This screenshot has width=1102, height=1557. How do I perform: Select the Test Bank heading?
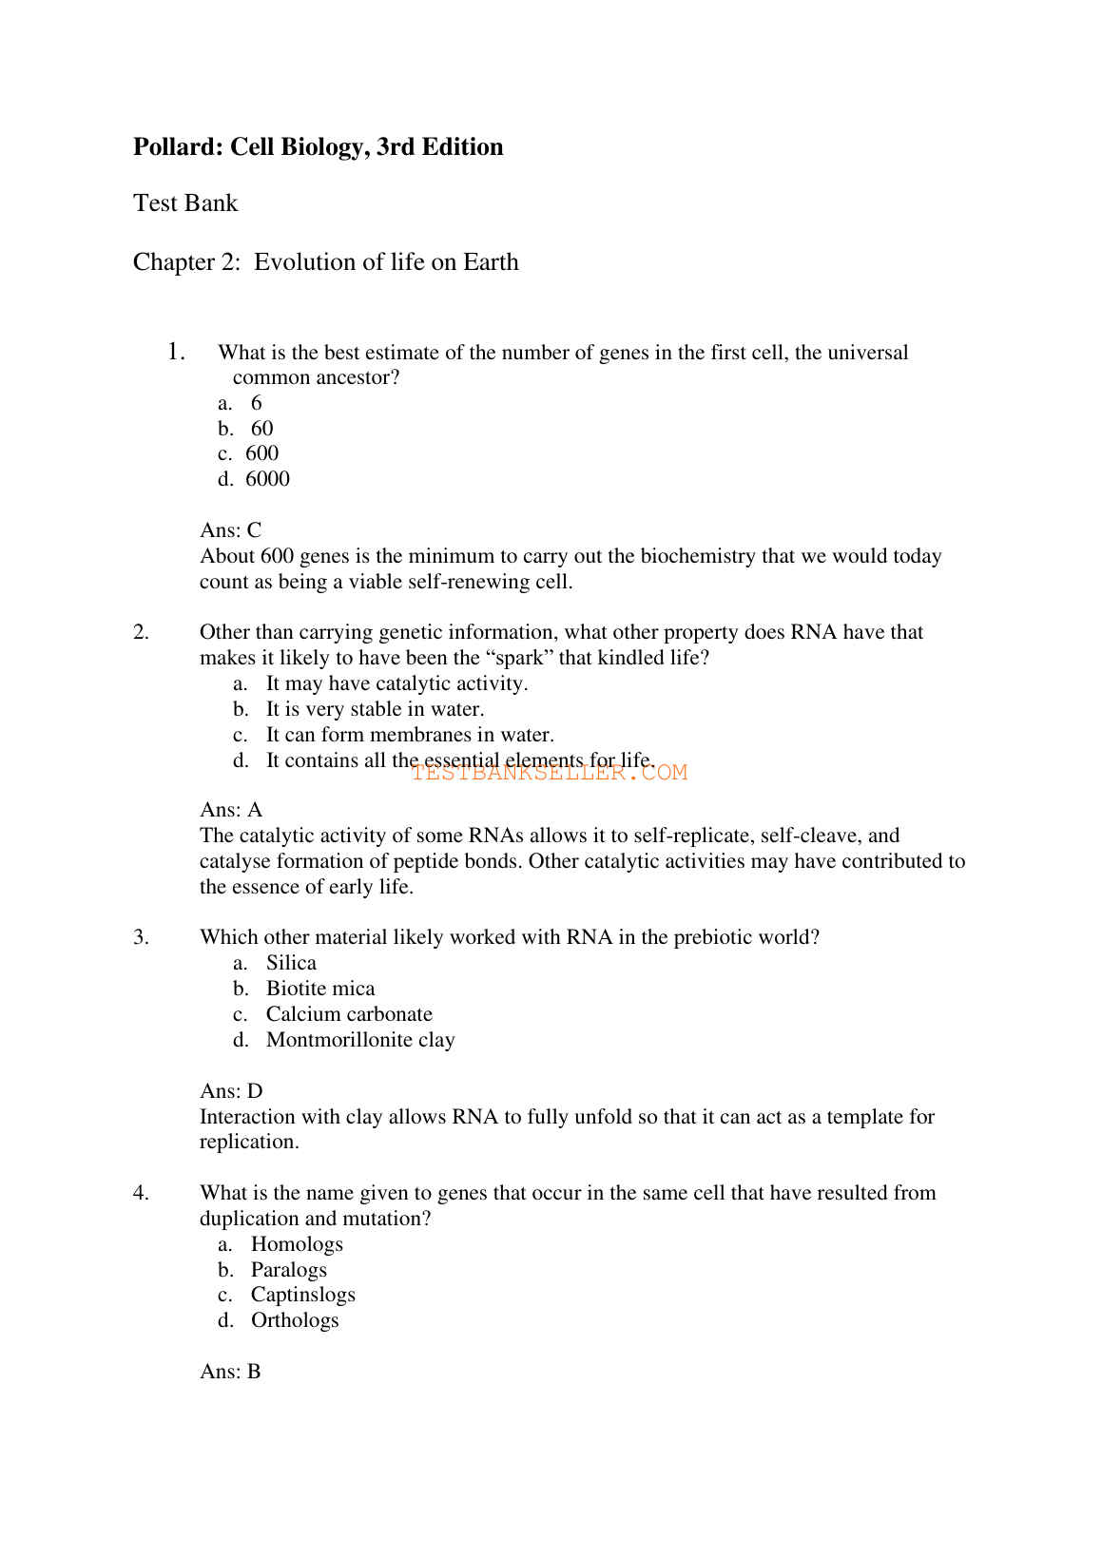tap(185, 203)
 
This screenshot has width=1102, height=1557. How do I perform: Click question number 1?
tap(176, 352)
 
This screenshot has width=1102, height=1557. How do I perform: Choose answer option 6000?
tap(267, 479)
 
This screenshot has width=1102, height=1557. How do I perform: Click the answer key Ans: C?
tap(230, 530)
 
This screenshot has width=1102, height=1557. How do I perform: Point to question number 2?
tap(141, 632)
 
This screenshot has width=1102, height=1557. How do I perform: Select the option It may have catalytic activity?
tap(396, 683)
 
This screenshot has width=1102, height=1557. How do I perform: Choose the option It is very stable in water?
tap(375, 709)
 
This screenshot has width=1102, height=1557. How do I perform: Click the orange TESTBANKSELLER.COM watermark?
tap(550, 773)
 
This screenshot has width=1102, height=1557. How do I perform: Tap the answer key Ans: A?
tap(231, 810)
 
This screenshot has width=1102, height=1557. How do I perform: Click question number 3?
tap(141, 937)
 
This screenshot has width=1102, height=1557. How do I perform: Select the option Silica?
tap(291, 963)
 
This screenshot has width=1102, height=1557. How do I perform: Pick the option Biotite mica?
tap(320, 989)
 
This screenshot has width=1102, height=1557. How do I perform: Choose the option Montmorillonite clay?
tap(360, 1040)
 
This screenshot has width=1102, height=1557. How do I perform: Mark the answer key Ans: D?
tap(231, 1091)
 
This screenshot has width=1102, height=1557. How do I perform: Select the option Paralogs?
tap(288, 1270)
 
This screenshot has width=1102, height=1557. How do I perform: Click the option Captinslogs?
tap(302, 1295)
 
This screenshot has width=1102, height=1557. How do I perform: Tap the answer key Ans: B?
tap(230, 1372)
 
